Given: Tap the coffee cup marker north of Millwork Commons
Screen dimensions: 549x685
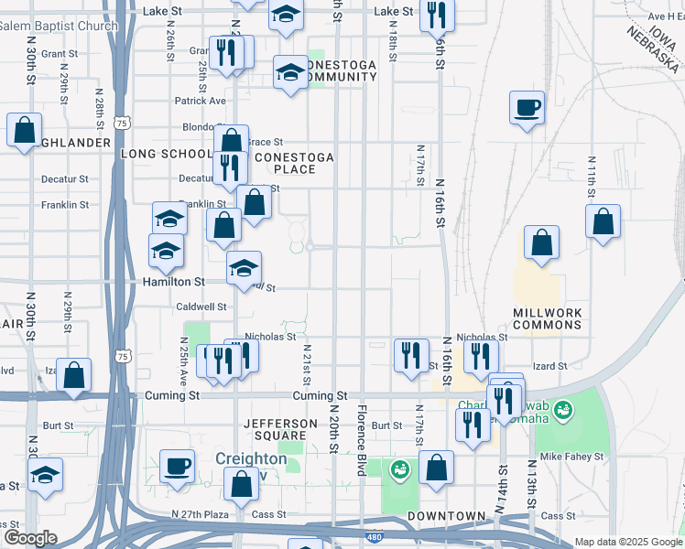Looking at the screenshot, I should (x=527, y=109).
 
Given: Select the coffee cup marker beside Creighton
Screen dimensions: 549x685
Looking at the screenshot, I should (x=177, y=467).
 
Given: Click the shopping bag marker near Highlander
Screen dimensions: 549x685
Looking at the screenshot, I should (x=24, y=130).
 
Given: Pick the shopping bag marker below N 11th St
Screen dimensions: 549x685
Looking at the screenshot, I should (x=603, y=221).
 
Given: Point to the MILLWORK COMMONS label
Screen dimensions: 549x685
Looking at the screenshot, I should (x=548, y=319).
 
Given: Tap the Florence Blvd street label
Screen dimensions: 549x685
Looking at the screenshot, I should (x=363, y=439).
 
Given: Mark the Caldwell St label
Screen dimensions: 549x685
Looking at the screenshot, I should (x=201, y=307).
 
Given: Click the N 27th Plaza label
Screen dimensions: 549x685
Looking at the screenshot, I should (x=201, y=515).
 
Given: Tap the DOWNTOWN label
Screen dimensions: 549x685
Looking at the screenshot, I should (x=446, y=516).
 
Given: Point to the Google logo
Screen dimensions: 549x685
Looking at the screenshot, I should (x=30, y=537).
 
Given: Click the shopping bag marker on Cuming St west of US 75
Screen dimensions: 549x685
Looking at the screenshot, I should (x=73, y=374).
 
